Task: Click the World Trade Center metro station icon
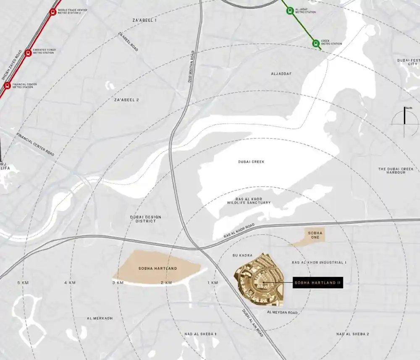(52, 12)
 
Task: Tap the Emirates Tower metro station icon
(28, 52)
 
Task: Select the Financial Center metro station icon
(7, 86)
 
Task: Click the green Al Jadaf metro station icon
(289, 11)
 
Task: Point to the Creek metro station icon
(315, 43)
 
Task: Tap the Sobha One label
(315, 235)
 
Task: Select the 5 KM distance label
(22, 283)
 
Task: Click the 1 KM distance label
(213, 283)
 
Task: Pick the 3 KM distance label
(118, 283)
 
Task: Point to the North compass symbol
(405, 122)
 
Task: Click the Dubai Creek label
(251, 162)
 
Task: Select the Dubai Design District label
(145, 219)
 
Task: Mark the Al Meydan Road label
(282, 313)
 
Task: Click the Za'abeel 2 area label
(126, 100)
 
